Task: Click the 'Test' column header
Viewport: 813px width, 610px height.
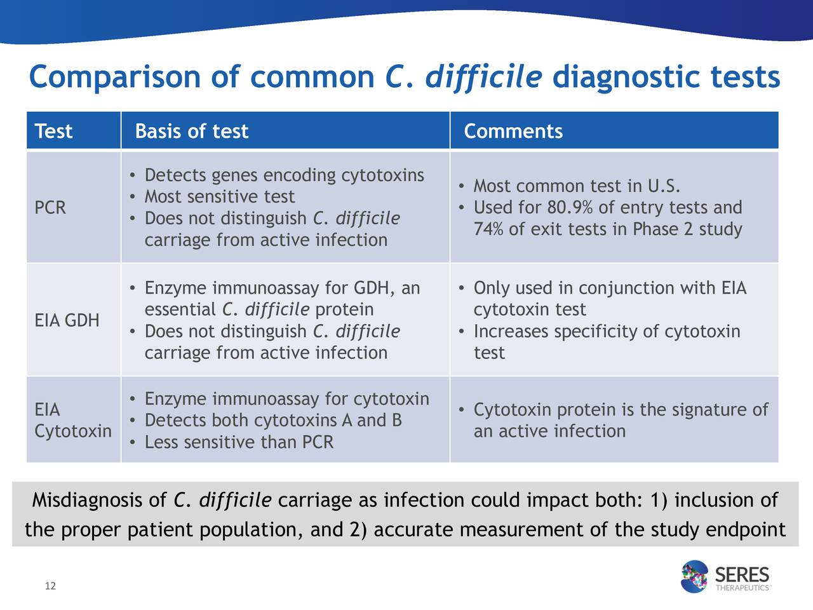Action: point(53,131)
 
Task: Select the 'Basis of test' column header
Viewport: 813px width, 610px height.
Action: point(191,131)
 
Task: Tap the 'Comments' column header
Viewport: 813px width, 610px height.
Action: point(513,131)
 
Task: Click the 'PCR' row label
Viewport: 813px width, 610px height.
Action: point(50,207)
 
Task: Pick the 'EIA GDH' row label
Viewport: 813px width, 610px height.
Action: point(67,320)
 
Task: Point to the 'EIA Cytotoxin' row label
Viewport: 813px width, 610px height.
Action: point(73,421)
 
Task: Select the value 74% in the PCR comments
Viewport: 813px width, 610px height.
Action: point(488,229)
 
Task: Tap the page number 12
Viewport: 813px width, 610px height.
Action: point(50,586)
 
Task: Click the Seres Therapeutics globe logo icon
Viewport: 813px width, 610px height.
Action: point(694,576)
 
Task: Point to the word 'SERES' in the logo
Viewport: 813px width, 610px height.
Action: point(742,575)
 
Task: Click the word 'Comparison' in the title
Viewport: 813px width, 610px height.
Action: point(115,78)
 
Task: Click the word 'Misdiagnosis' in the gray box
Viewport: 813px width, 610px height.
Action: point(99,500)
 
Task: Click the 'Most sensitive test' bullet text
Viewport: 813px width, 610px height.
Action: point(220,197)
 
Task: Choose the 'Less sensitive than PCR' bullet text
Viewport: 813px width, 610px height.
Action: point(239,442)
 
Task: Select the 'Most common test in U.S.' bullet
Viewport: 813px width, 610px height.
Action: point(577,186)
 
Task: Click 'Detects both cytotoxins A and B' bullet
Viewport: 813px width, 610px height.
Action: point(273,421)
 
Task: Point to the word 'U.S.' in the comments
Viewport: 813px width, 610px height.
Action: point(664,186)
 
